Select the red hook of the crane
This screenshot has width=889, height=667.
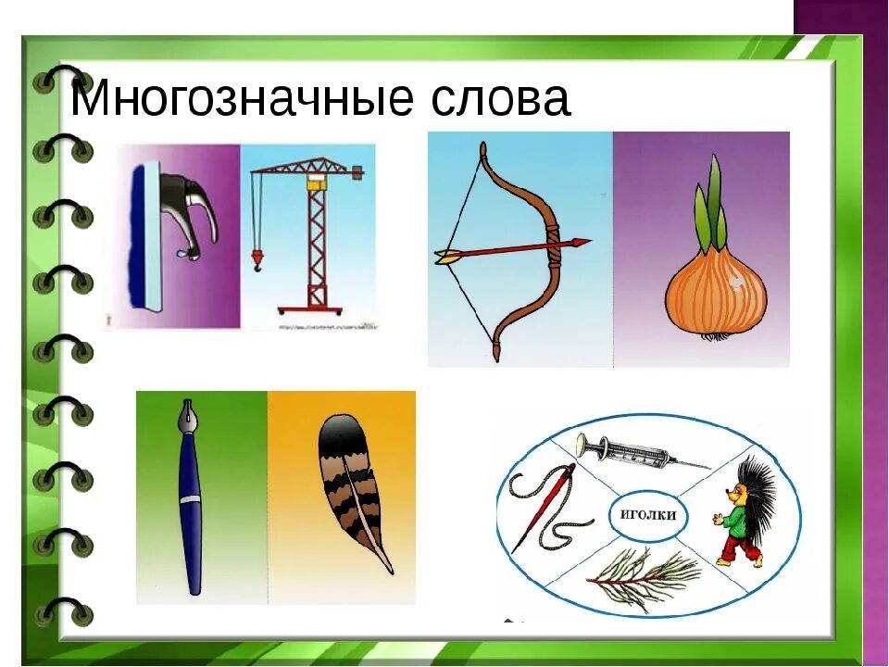click(x=257, y=259)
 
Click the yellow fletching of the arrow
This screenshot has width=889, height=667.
click(x=448, y=257)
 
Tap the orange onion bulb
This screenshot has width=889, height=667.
click(x=715, y=293)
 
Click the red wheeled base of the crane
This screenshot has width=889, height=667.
click(x=317, y=310)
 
